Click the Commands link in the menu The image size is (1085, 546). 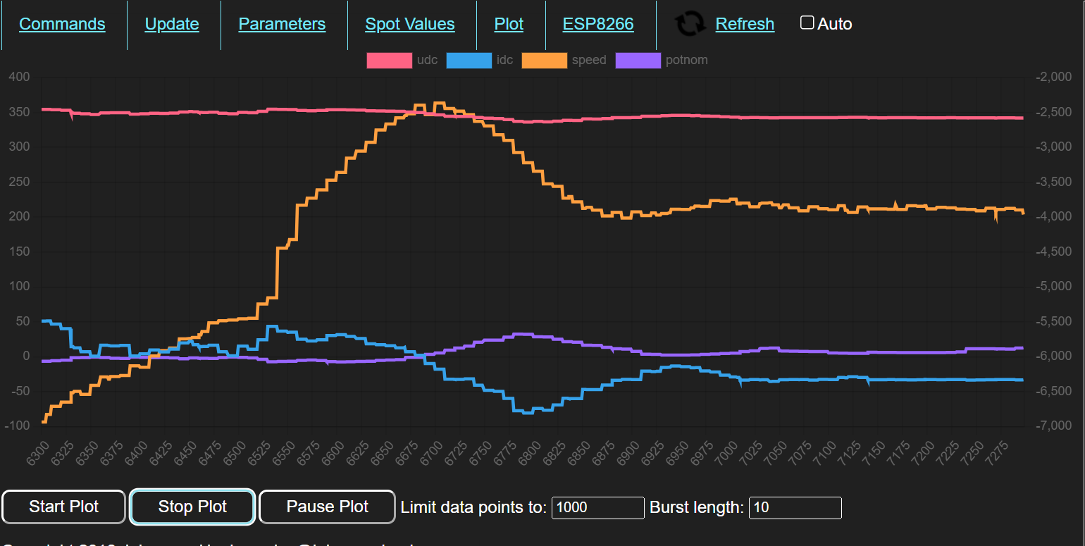[62, 24]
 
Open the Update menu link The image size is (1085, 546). [172, 24]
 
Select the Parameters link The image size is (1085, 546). [282, 24]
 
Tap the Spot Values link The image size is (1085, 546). [410, 24]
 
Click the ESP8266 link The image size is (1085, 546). [598, 24]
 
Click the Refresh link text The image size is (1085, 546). [745, 24]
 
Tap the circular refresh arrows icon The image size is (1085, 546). [690, 24]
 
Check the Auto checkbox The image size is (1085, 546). [807, 23]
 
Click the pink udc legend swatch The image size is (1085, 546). [389, 61]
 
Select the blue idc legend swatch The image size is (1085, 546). [469, 61]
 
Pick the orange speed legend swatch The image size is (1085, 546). [544, 61]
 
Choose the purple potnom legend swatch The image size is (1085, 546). [638, 61]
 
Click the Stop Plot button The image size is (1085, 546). [192, 507]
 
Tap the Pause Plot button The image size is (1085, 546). [327, 507]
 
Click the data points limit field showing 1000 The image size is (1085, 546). [597, 507]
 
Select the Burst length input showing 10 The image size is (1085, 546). [795, 507]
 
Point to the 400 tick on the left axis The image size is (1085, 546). [20, 77]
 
